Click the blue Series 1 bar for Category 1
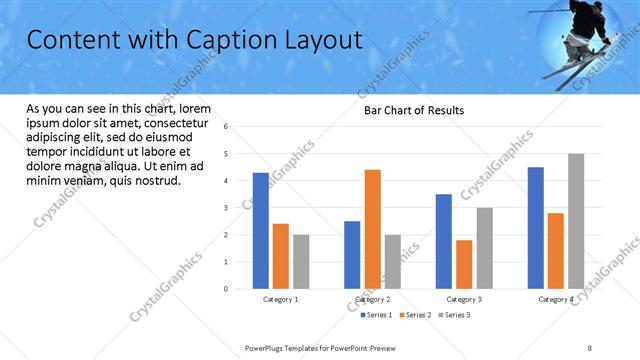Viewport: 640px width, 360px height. [260, 230]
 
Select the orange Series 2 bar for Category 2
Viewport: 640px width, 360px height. [372, 229]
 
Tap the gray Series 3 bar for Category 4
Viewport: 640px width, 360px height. [576, 221]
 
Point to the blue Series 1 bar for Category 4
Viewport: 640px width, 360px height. [536, 227]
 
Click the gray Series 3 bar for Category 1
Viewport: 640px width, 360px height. [301, 261]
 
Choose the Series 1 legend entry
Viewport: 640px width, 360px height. [377, 315]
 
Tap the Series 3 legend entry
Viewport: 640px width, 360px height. [456, 315]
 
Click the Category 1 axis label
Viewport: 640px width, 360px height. [280, 299]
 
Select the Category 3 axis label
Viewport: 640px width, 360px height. [464, 299]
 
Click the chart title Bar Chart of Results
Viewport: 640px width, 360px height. [413, 110]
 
